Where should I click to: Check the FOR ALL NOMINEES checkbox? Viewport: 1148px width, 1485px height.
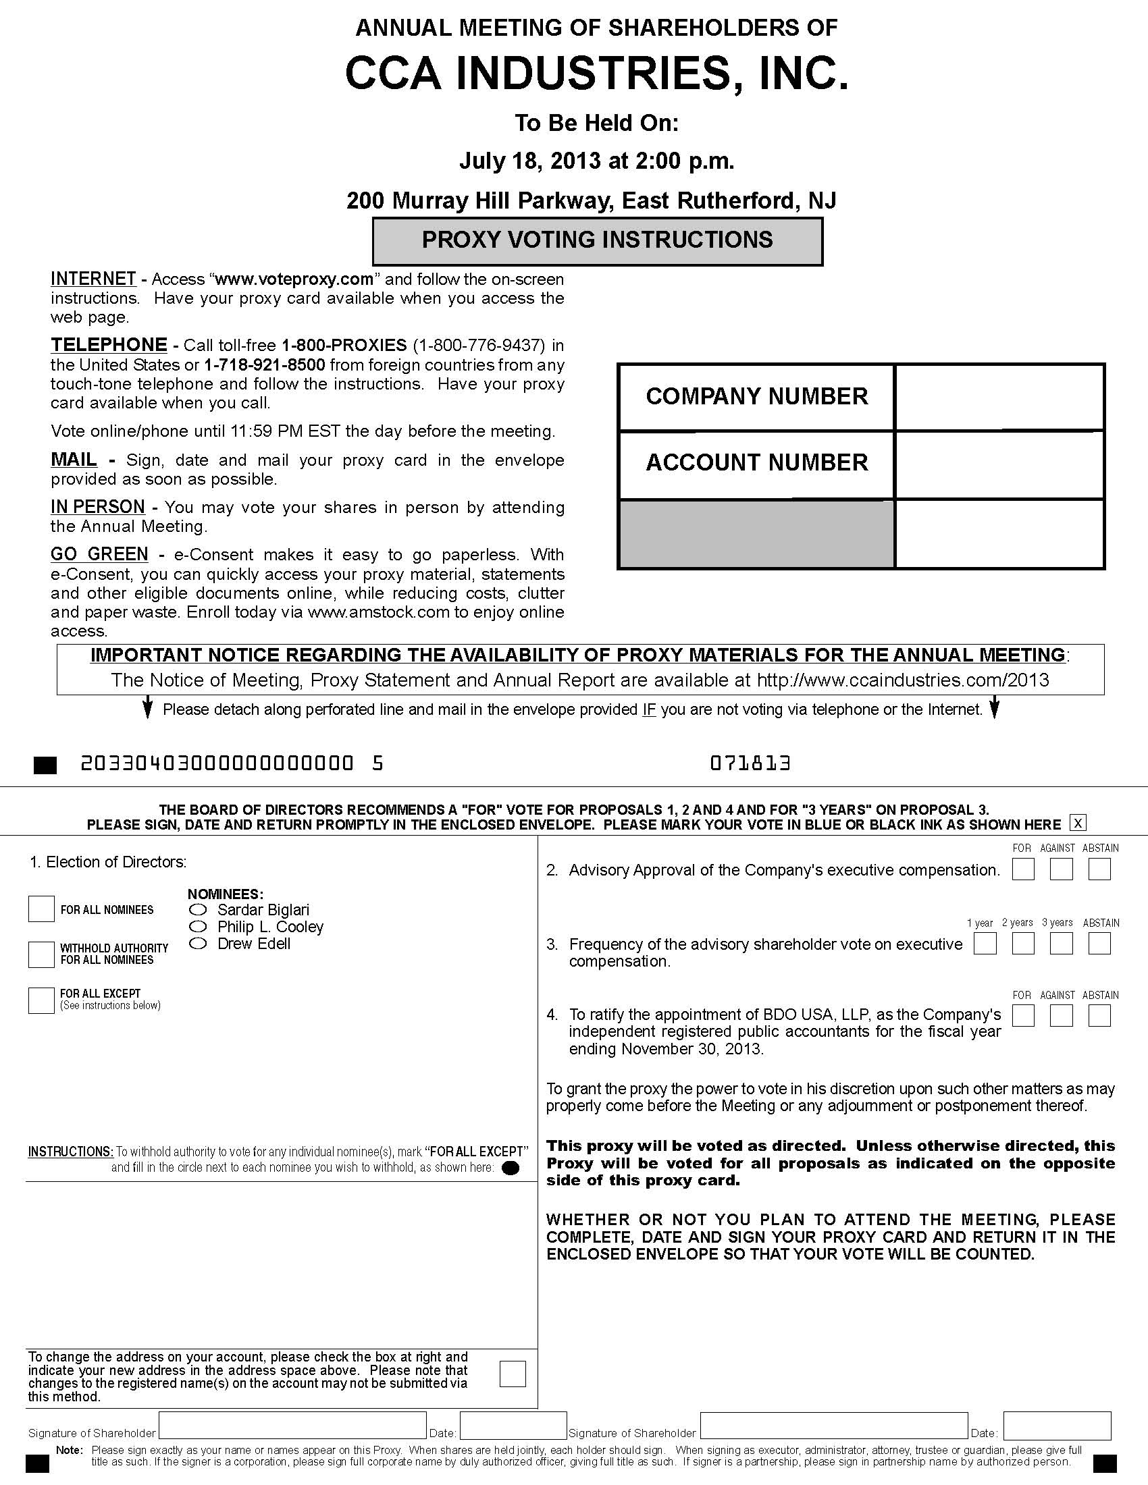pyautogui.click(x=41, y=909)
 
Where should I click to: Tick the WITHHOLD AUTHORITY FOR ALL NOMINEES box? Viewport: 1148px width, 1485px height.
pyautogui.click(x=41, y=954)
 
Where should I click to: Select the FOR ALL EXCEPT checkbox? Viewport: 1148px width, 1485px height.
pyautogui.click(x=41, y=1000)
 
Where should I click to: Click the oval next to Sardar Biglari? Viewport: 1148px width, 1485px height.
pyautogui.click(x=198, y=909)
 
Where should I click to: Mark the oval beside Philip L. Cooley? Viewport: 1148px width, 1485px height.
pyautogui.click(x=198, y=926)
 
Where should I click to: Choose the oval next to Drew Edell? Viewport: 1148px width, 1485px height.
pyautogui.click(x=198, y=943)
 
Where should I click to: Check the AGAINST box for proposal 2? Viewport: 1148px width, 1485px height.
pyautogui.click(x=1061, y=869)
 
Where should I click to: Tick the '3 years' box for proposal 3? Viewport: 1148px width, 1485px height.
pyautogui.click(x=1061, y=943)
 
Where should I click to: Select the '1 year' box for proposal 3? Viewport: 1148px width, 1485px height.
pyautogui.click(x=985, y=943)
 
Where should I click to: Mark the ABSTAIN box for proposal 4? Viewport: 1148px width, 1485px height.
pyautogui.click(x=1099, y=1015)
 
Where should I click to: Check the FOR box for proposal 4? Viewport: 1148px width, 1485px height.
pyautogui.click(x=1023, y=1015)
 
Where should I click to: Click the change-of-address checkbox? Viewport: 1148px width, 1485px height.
pyautogui.click(x=512, y=1374)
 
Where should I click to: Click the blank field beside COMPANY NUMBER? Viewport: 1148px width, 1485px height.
pyautogui.click(x=998, y=397)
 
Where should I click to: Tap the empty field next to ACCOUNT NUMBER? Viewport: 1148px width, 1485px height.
pyautogui.click(x=998, y=464)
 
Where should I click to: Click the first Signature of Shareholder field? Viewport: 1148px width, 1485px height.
pyautogui.click(x=292, y=1425)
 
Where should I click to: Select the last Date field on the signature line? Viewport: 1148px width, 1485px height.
pyautogui.click(x=1057, y=1425)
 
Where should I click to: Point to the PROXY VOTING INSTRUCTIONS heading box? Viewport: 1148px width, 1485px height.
pyautogui.click(x=597, y=241)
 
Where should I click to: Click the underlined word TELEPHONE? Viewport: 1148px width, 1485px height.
pyautogui.click(x=109, y=345)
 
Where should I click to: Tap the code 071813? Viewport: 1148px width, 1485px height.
pyautogui.click(x=750, y=763)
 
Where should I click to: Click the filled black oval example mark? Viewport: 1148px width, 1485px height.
pyautogui.click(x=510, y=1168)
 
